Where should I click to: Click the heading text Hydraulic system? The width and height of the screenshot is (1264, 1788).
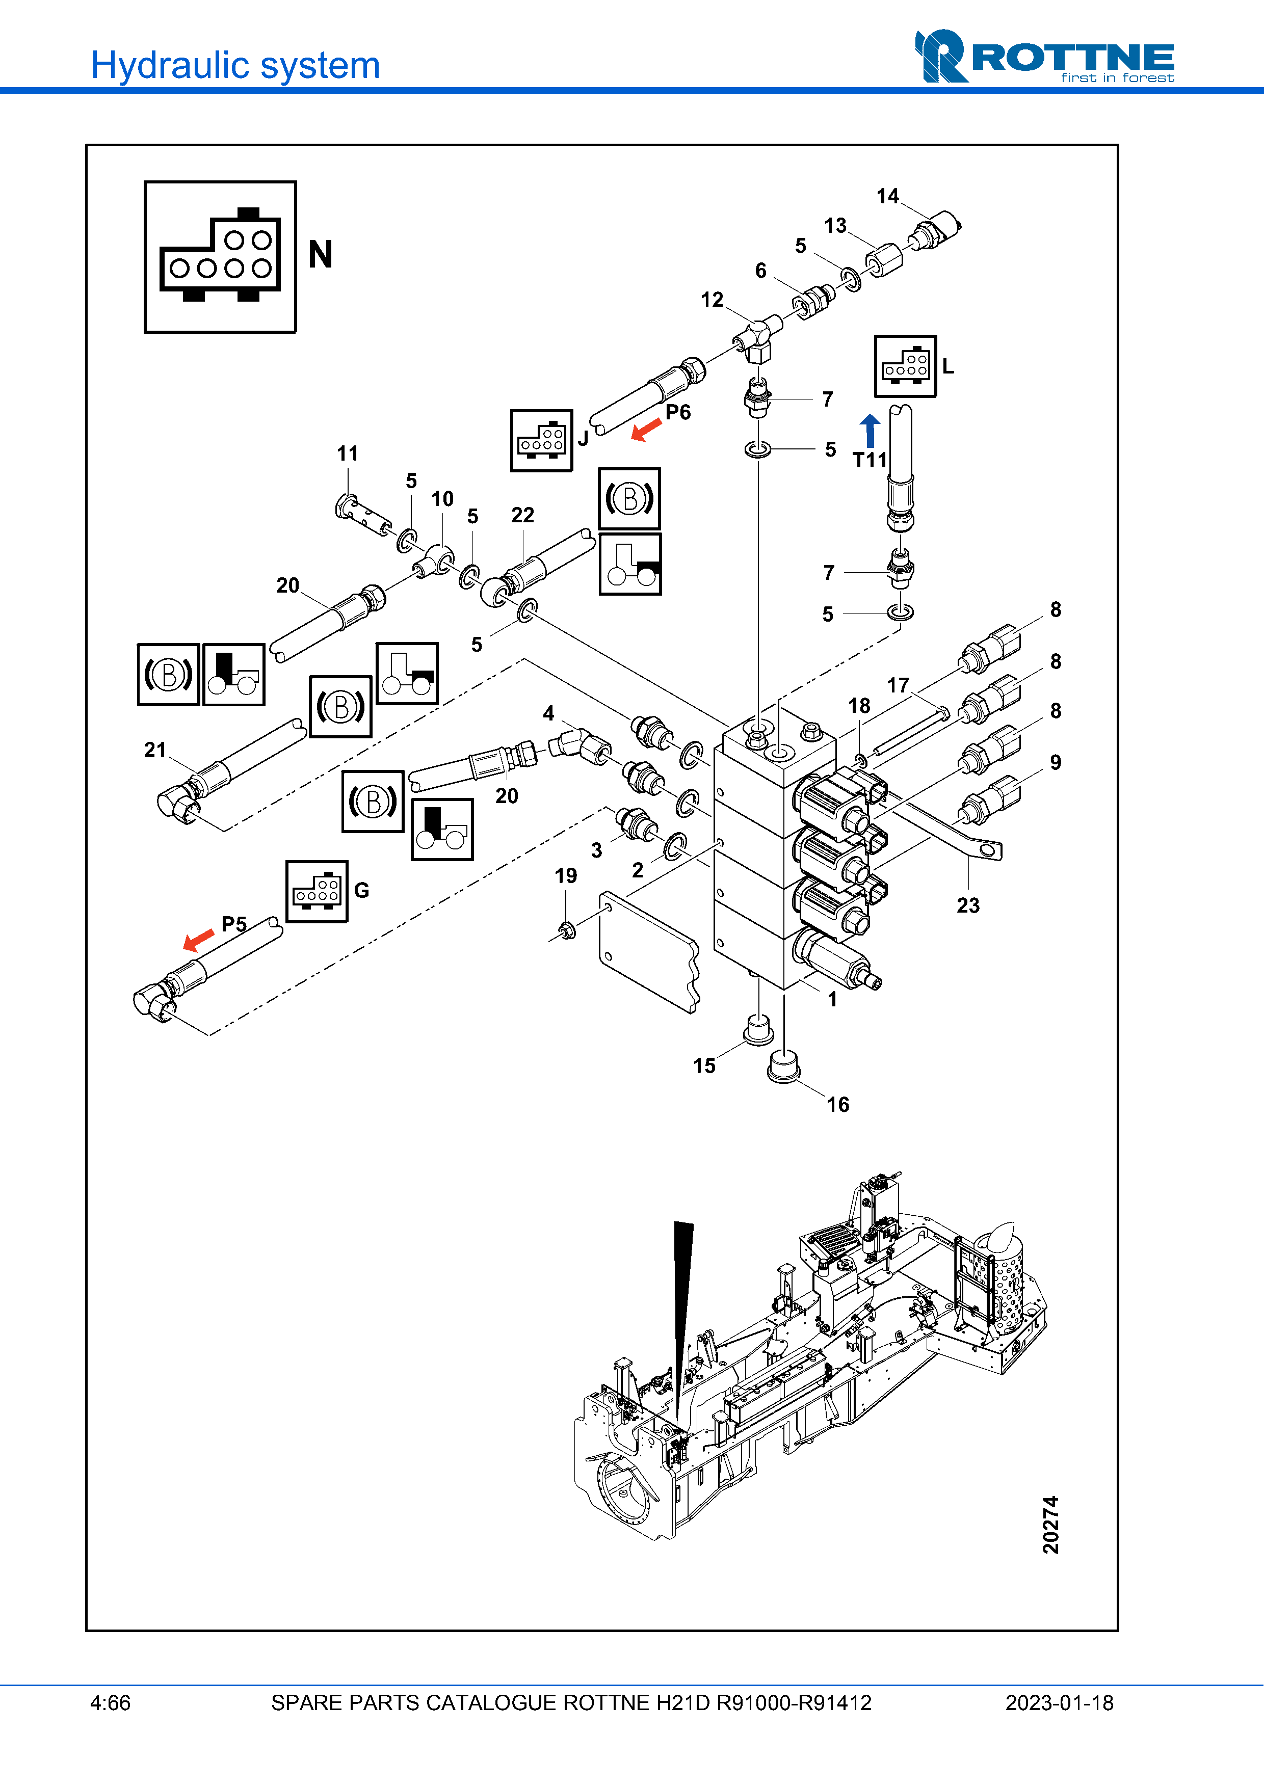(235, 65)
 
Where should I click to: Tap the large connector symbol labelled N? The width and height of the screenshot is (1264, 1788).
(220, 257)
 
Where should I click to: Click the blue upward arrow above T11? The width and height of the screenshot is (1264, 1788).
(870, 430)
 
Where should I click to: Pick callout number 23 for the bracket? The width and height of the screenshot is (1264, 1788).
(968, 905)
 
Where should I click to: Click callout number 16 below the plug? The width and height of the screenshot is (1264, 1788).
(837, 1104)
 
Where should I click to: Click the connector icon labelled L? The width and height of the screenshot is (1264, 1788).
(905, 366)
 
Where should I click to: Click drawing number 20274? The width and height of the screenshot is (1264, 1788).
(1050, 1524)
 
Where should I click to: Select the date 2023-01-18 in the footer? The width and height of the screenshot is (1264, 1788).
(1059, 1703)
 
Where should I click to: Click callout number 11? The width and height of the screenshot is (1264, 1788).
(348, 453)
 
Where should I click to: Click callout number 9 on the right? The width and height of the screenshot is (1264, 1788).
(1055, 762)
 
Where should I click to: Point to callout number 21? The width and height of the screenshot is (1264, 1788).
(155, 750)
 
